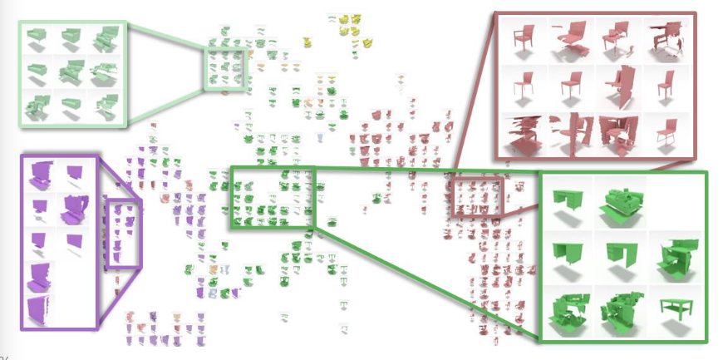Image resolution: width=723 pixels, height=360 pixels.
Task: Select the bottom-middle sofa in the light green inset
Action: point(71,105)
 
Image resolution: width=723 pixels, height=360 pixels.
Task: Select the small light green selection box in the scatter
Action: point(224,69)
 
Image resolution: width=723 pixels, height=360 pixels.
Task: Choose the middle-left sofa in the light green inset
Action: point(38,72)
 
